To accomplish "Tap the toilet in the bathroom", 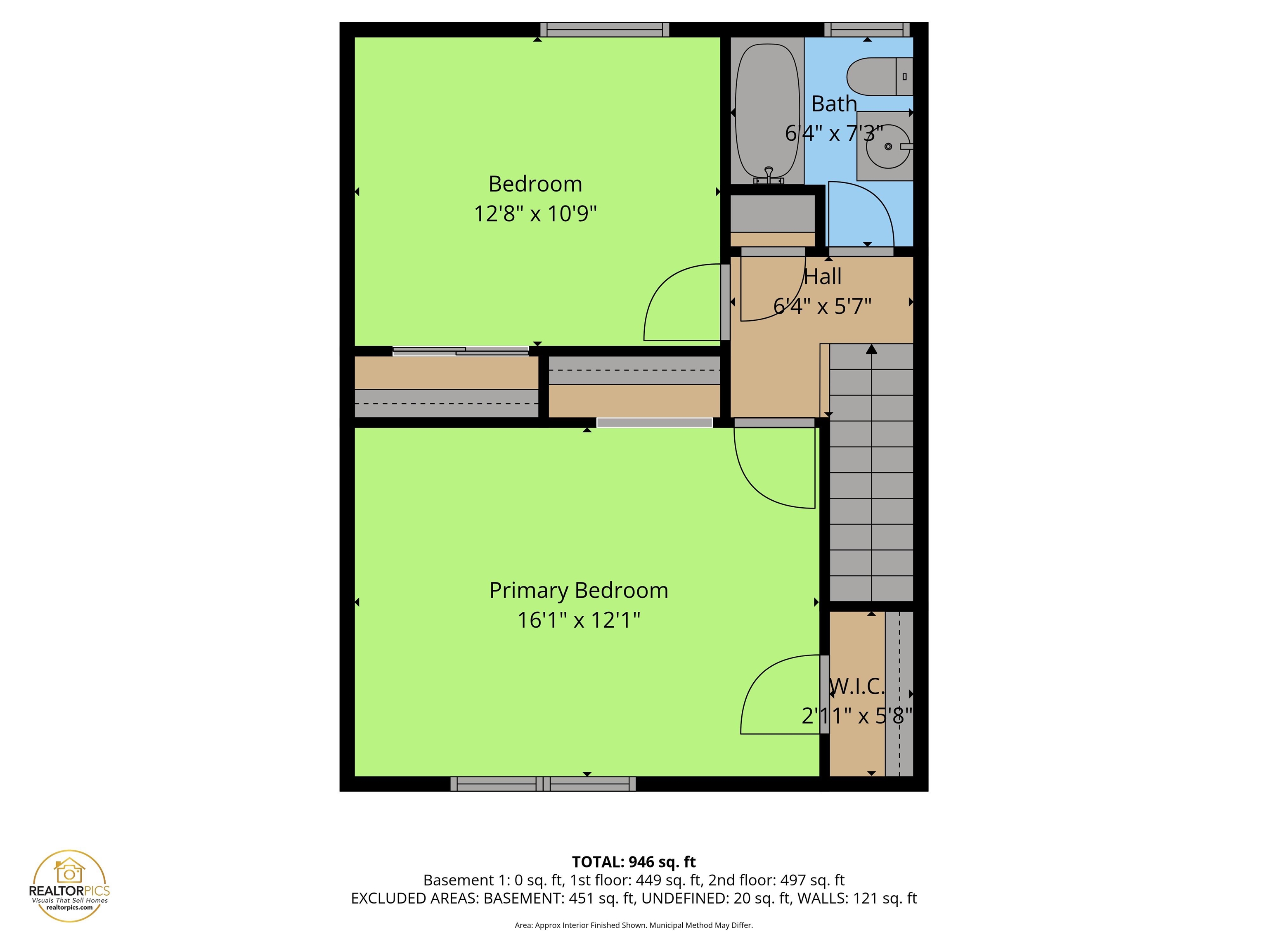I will click(877, 77).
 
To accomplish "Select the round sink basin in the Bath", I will click(888, 147).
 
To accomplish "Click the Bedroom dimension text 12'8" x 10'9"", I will click(535, 214).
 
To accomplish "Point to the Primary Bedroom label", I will click(578, 590).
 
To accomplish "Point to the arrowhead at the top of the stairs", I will click(871, 349).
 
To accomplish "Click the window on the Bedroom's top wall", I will click(604, 29).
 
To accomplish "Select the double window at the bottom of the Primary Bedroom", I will click(542, 783).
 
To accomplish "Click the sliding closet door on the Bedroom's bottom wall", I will click(460, 351).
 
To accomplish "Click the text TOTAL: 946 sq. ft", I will click(634, 862).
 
